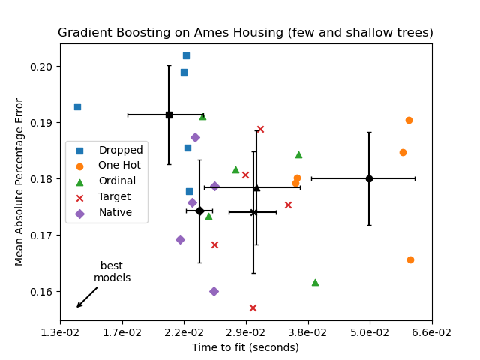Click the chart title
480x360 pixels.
[x=245, y=33]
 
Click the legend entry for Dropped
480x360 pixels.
[x=120, y=150]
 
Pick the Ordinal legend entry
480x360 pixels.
[x=117, y=181]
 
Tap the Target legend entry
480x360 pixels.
[x=114, y=197]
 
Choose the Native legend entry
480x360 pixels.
[x=115, y=213]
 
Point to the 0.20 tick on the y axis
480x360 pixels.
[x=43, y=67]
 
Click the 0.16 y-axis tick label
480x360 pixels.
[x=43, y=292]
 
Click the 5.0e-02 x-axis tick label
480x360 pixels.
[x=369, y=332]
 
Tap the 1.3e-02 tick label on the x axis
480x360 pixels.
[x=61, y=332]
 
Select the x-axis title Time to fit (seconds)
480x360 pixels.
[x=245, y=347]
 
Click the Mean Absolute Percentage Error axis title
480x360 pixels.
[x=20, y=181]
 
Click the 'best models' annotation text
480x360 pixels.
[x=112, y=271]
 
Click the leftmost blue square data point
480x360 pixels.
[x=77, y=106]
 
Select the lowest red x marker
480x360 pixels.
[x=253, y=307]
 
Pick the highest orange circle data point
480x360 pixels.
[x=409, y=120]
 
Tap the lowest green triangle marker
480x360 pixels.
[x=315, y=282]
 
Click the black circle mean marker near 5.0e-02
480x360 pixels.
[x=369, y=178]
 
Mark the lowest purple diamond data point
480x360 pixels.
[x=214, y=291]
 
